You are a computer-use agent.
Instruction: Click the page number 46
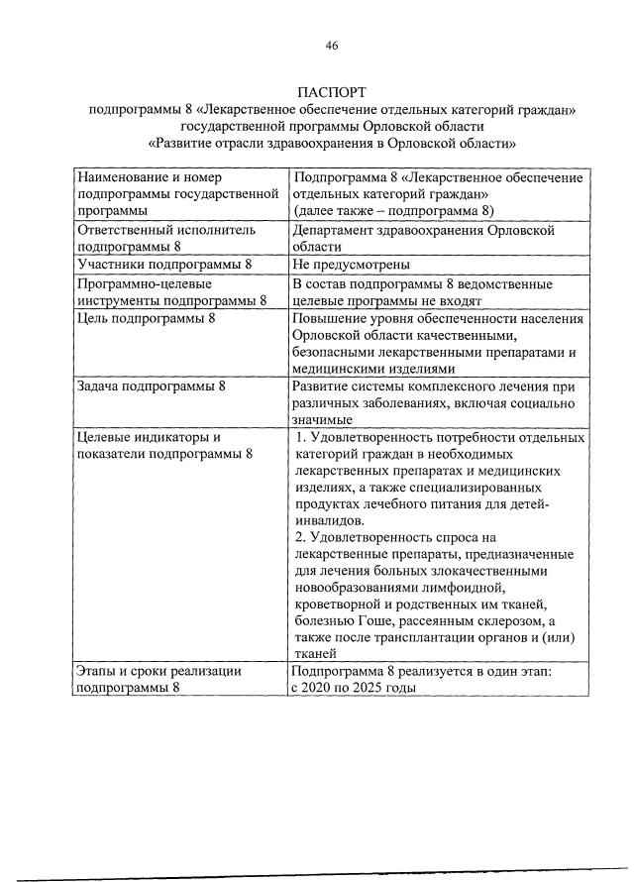pyautogui.click(x=332, y=45)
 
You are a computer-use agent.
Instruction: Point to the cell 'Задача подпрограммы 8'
pyautogui.click(x=146, y=386)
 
